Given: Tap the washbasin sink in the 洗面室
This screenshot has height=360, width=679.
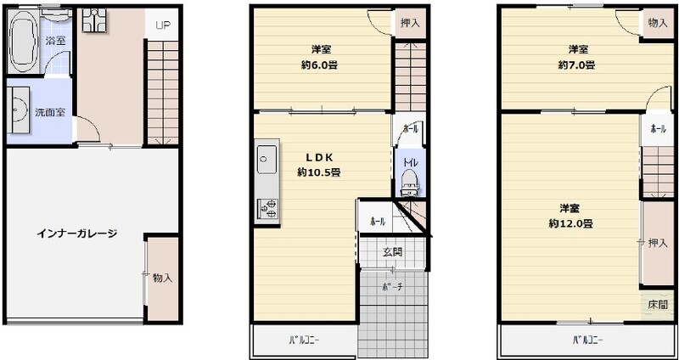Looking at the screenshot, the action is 18,110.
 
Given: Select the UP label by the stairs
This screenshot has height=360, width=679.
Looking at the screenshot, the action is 163,25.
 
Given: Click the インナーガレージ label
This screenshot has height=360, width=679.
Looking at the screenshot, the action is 76,234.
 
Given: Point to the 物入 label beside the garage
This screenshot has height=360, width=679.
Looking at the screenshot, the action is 162,278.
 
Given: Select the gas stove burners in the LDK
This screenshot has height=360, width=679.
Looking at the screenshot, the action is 267,208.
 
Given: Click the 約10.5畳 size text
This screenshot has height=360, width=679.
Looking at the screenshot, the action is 319,172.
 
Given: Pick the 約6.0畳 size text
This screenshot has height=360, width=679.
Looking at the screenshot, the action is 319,65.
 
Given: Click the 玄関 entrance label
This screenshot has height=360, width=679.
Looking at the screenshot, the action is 393,251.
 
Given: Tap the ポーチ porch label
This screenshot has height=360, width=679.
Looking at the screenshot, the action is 392,286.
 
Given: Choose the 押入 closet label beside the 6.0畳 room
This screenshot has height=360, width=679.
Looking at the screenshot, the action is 410,23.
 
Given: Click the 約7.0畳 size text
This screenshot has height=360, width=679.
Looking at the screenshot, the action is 576,65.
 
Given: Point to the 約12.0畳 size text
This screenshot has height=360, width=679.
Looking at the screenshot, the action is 570,223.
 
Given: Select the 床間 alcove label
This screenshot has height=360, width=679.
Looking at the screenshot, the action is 657,305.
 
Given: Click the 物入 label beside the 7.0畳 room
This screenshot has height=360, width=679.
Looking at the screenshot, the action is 657,23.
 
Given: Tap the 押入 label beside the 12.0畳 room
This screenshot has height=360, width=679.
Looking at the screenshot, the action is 657,244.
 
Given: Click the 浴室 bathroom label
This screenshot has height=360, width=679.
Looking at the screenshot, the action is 56,41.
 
